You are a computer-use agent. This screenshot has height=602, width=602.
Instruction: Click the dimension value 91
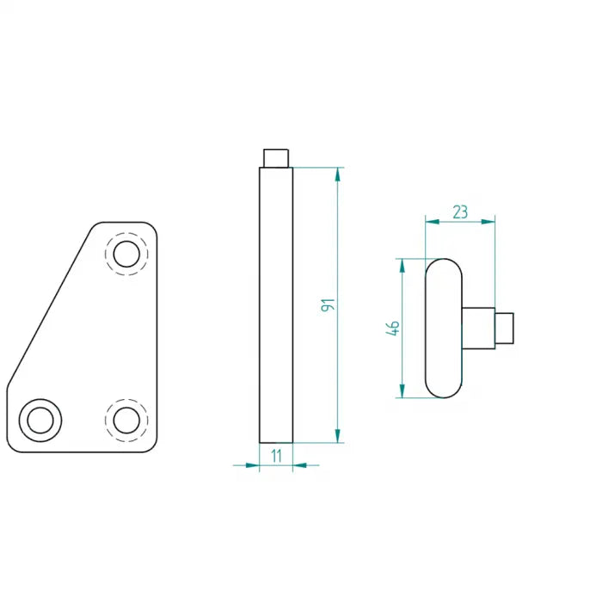[328, 304]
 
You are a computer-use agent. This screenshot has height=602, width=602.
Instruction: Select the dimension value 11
[276, 457]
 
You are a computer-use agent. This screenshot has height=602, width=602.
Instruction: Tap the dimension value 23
[460, 212]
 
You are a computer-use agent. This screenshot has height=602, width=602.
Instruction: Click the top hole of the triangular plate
[126, 254]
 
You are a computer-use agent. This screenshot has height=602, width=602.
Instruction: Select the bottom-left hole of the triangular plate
[40, 420]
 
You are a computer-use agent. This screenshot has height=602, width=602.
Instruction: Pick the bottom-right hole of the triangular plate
[126, 420]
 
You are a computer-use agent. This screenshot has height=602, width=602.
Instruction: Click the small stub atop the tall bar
[276, 158]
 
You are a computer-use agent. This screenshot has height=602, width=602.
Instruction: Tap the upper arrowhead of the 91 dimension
[338, 174]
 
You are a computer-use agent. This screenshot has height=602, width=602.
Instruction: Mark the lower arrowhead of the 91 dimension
[338, 436]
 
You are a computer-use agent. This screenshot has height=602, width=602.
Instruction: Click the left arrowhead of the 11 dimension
[253, 466]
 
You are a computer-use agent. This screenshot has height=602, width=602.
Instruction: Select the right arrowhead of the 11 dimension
[299, 466]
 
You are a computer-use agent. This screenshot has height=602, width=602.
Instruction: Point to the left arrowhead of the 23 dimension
[433, 221]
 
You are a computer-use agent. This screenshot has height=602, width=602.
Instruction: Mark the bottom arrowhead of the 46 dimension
[402, 391]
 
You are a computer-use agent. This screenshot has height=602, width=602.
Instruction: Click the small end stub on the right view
[505, 328]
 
